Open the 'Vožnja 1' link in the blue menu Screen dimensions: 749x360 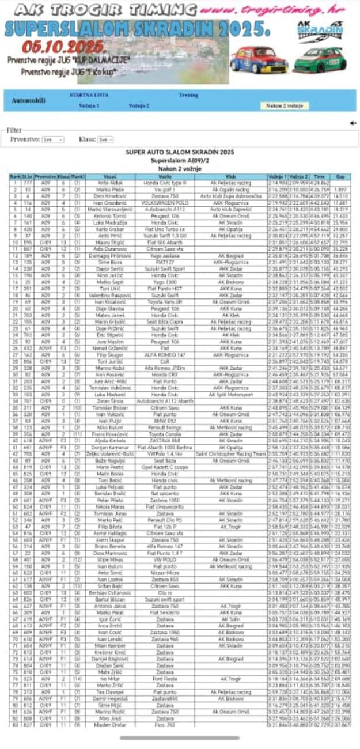(x=89, y=106)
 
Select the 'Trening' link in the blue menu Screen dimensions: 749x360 (x=188, y=94)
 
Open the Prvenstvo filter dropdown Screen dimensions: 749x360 (x=52, y=139)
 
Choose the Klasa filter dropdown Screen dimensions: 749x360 (x=104, y=139)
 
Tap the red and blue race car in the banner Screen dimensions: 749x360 (x=259, y=59)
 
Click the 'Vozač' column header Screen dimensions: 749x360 (x=109, y=176)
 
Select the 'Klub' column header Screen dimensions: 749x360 (x=231, y=176)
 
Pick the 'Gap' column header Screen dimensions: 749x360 (x=340, y=176)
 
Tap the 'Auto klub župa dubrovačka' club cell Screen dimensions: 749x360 (x=231, y=196)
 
